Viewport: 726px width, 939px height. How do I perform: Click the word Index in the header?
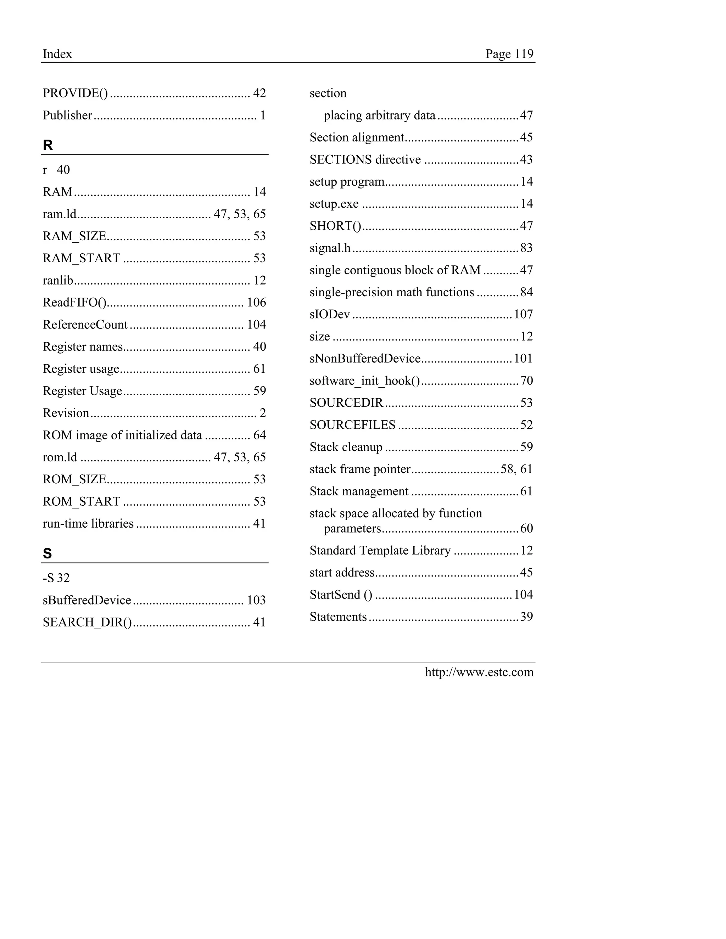click(57, 54)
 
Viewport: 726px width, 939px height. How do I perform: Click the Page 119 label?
click(509, 54)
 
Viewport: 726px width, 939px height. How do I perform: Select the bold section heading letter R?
click(48, 145)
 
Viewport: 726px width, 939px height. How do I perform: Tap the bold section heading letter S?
click(47, 553)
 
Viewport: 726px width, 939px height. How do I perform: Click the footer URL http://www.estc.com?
click(479, 672)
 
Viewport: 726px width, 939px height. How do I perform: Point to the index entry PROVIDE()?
click(75, 93)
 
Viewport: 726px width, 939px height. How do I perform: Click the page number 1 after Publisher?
click(263, 115)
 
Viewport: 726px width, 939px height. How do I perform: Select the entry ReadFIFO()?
click(74, 302)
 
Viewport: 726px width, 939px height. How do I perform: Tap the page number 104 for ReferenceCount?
click(256, 325)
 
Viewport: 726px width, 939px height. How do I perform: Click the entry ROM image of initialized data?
click(122, 435)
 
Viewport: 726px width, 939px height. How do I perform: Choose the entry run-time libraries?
click(88, 523)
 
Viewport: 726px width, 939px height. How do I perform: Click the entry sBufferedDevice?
click(87, 600)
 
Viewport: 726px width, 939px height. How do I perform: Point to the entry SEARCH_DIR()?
click(87, 622)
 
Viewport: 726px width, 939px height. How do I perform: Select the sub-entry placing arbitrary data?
click(379, 115)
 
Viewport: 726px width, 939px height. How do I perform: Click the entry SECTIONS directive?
click(365, 159)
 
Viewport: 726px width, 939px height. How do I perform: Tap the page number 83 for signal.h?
click(526, 248)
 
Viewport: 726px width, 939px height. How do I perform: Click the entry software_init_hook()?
click(365, 381)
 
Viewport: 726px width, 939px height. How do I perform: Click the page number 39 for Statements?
click(526, 617)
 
